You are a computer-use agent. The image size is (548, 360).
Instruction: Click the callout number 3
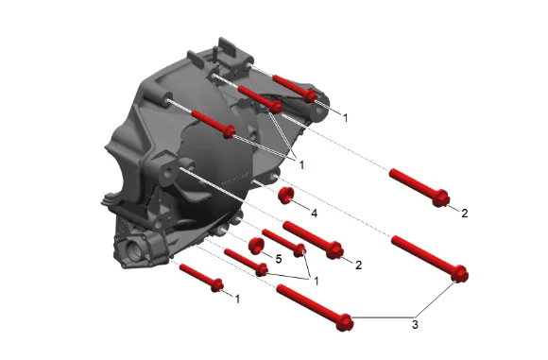415,325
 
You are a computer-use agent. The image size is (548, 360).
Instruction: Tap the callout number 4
315,214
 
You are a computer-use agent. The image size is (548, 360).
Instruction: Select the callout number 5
279,259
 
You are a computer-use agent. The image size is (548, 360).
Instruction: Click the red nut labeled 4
285,196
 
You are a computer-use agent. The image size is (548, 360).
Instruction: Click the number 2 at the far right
465,214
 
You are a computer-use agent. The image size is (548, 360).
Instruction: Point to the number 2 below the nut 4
359,265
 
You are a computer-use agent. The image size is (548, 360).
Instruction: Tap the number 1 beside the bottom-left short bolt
238,300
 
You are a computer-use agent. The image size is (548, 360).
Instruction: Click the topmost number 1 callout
346,118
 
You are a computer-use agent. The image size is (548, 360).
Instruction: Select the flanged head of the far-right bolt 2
440,198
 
